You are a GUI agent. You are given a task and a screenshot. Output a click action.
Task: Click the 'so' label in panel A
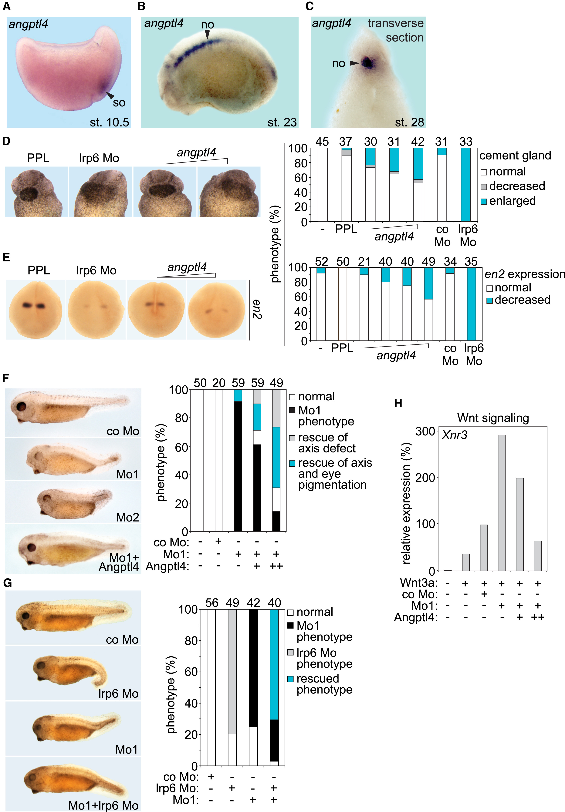pyautogui.click(x=119, y=102)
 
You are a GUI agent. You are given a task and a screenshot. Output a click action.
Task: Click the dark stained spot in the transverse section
pyautogui.click(x=368, y=63)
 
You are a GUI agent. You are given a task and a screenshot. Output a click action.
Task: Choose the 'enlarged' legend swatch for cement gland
pyautogui.click(x=484, y=201)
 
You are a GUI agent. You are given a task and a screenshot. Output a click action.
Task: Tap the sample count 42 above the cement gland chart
pyautogui.click(x=418, y=142)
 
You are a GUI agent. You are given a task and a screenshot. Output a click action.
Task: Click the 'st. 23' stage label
pyautogui.click(x=282, y=122)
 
